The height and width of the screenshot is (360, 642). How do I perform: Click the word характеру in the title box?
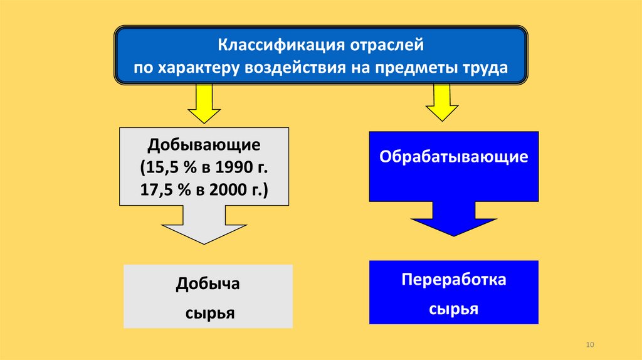click(191, 67)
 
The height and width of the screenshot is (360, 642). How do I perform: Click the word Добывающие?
click(204, 146)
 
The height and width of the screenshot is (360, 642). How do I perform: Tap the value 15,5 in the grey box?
click(164, 167)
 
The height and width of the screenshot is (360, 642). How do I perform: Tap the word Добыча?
click(208, 284)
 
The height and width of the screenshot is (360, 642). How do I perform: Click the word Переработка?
click(453, 280)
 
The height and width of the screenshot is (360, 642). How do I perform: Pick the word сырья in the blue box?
click(453, 309)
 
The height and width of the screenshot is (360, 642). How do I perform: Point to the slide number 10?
click(589, 346)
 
